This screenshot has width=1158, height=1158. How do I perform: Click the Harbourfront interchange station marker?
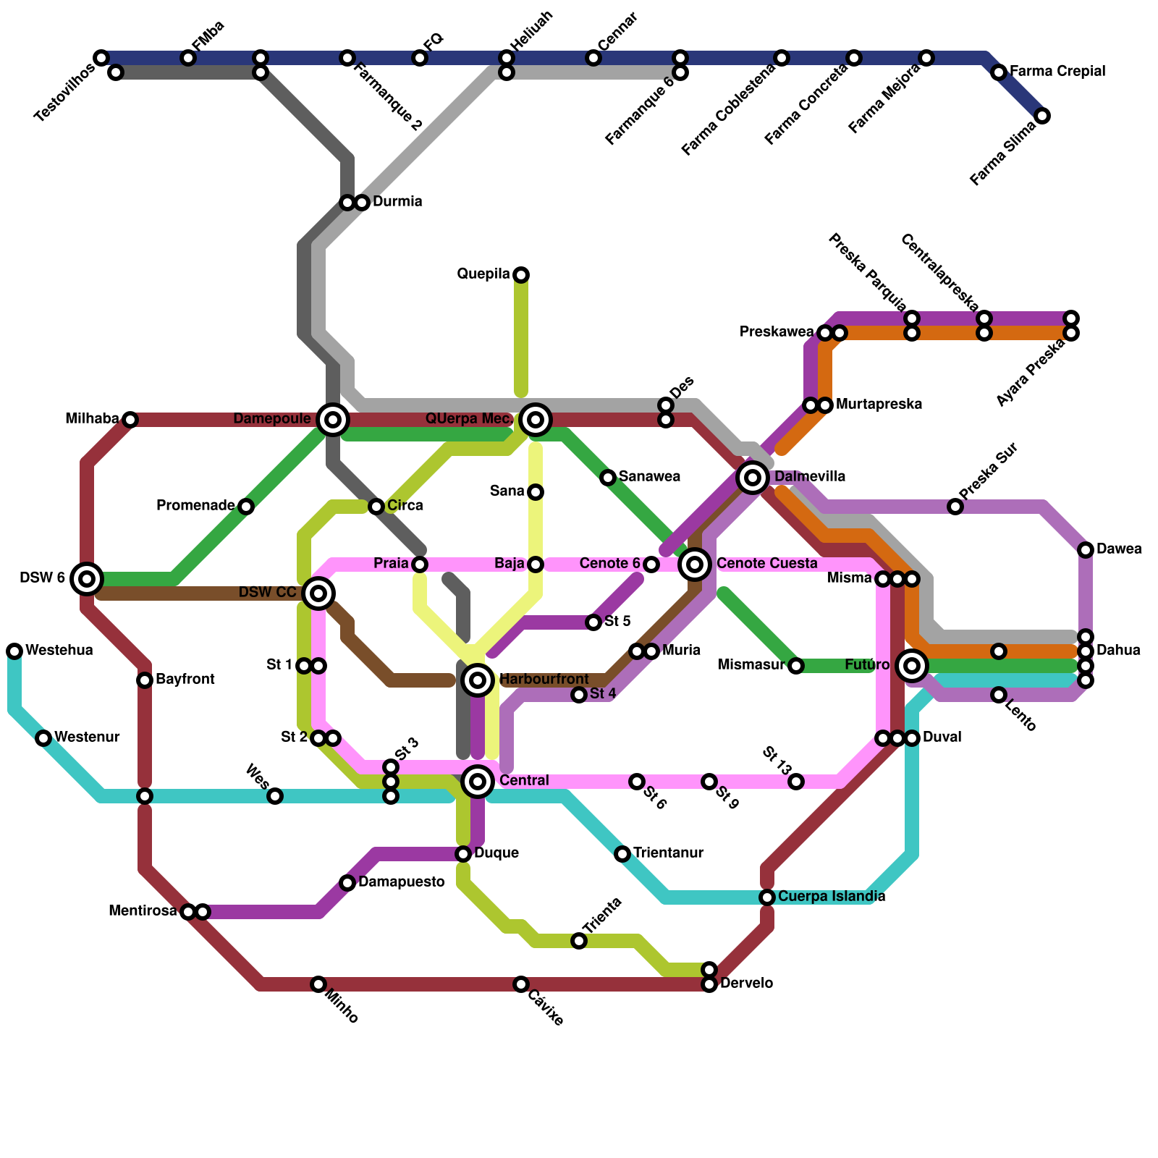point(478,680)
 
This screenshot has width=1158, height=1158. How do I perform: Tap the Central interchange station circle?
point(478,782)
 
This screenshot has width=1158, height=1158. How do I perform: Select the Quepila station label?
point(483,274)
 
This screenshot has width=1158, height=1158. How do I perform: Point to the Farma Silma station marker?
point(1042,116)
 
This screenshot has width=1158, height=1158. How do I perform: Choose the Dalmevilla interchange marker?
point(753,477)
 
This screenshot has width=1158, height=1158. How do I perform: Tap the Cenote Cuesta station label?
point(766,564)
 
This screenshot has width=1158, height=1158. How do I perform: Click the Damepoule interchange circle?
point(333,419)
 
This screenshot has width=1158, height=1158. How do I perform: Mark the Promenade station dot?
point(246,506)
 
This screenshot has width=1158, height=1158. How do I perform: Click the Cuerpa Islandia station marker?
point(767,897)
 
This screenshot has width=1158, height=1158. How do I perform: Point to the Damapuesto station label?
point(401,882)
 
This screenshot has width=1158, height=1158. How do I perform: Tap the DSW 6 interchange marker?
point(87,578)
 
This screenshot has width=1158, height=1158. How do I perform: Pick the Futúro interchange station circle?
point(913,665)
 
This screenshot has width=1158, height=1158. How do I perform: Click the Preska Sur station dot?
point(955,507)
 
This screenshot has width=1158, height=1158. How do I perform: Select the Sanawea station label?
point(649,477)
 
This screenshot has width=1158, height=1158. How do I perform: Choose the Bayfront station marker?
point(145,680)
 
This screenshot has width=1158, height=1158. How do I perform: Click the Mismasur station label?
point(752,665)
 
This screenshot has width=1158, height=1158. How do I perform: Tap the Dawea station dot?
point(1086,550)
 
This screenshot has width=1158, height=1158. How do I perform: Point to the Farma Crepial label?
point(1057,72)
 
